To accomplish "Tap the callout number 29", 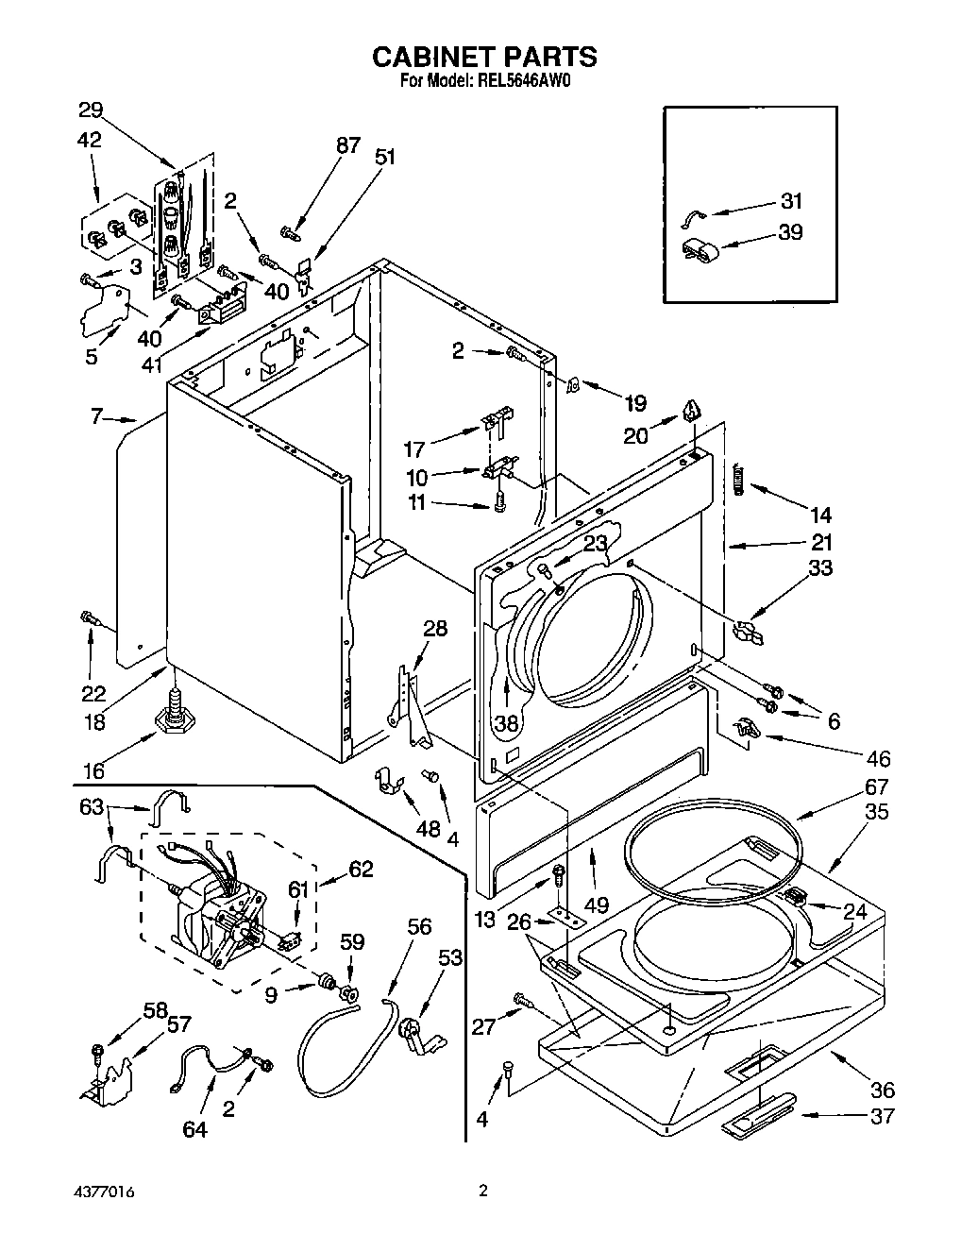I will pos(91,110).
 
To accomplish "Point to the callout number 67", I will pos(876,786).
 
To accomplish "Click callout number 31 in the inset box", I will pos(790,200).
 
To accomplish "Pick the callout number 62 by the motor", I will pos(361,870).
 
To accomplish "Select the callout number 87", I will pos(347,144).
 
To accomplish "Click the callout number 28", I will pos(434,628).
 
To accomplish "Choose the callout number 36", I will pos(883,1090).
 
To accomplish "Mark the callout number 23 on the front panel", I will pos(595,543).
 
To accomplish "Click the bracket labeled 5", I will pos(104,307).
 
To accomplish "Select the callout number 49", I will pos(595,905).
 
